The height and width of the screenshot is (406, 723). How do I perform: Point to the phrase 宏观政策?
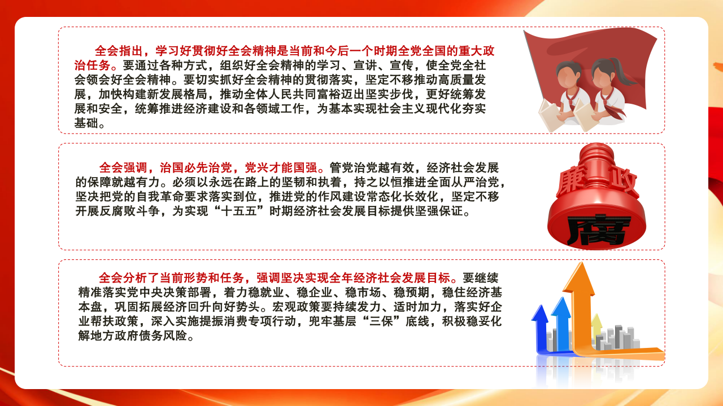click(297, 307)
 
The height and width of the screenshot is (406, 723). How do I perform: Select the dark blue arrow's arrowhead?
click(540, 313)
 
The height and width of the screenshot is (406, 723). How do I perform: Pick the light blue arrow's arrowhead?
click(561, 306)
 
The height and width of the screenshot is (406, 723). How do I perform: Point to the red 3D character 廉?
click(571, 183)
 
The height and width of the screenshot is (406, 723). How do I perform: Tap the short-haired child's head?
click(568, 75)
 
